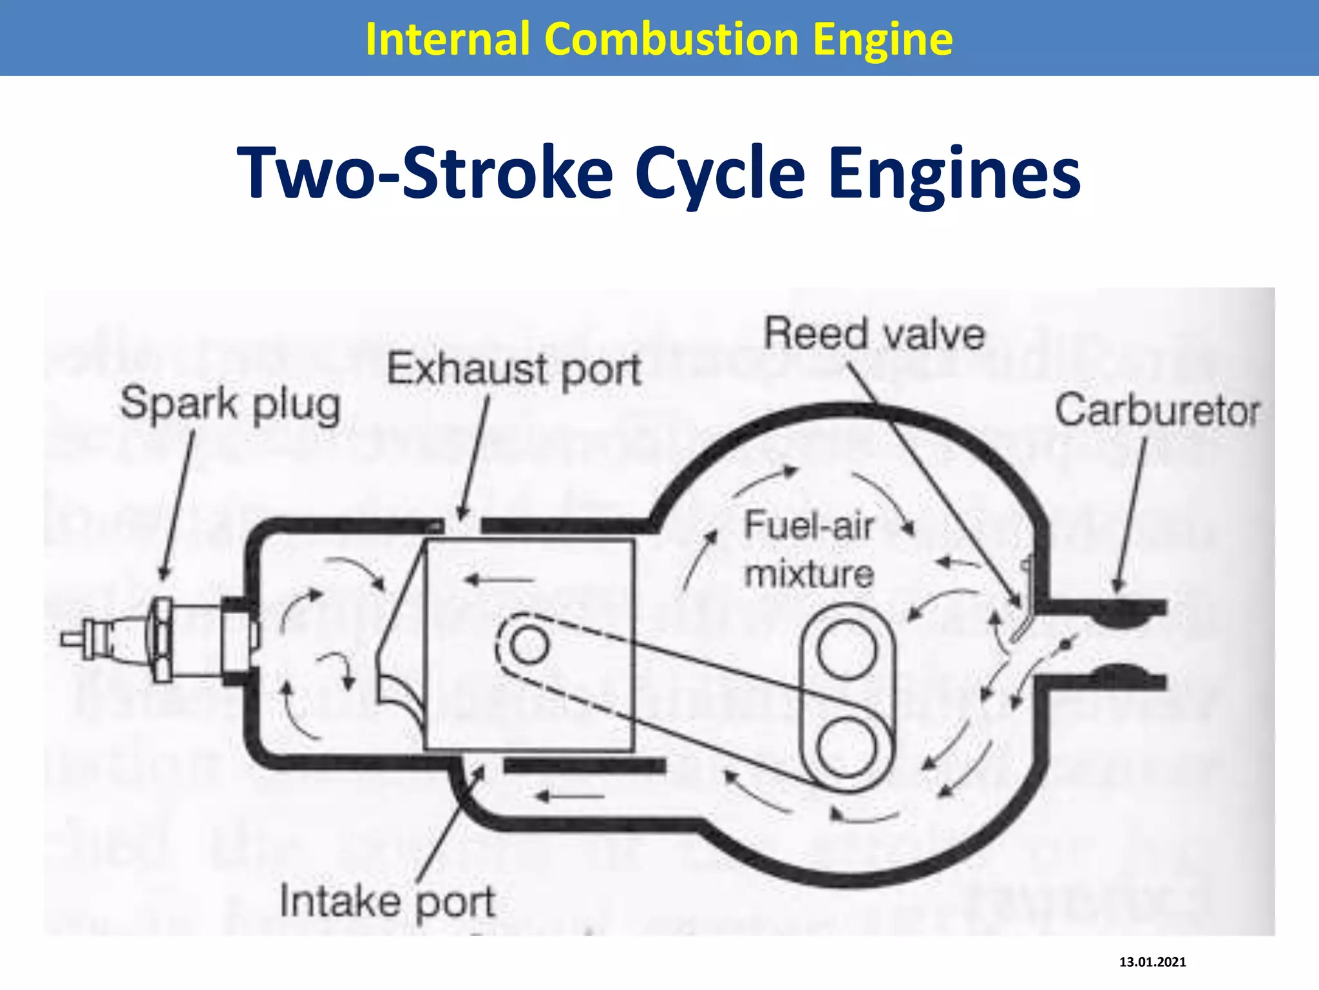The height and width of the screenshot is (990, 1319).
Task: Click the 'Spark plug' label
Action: point(230,405)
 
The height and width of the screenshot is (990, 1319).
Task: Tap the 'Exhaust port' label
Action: point(514,370)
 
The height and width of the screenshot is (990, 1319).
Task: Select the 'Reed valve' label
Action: point(874,334)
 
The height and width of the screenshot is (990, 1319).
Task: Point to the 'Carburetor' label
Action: point(1157,411)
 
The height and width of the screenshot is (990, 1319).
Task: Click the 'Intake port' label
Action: point(387,901)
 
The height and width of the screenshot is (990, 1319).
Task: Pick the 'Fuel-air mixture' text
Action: point(809,549)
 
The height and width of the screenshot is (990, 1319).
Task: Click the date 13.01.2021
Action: point(1152,962)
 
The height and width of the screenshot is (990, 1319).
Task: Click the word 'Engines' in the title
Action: point(954,173)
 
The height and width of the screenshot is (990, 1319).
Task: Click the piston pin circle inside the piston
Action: point(529,645)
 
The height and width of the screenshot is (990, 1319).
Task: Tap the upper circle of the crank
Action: point(847,650)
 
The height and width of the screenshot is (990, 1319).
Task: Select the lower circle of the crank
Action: point(846,748)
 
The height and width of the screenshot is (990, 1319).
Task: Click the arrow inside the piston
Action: point(499,580)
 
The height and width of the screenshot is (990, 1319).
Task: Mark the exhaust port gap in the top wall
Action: point(462,525)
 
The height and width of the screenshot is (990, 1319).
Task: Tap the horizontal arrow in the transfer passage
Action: point(570,797)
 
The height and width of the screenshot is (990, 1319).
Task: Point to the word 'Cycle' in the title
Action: point(720,173)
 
